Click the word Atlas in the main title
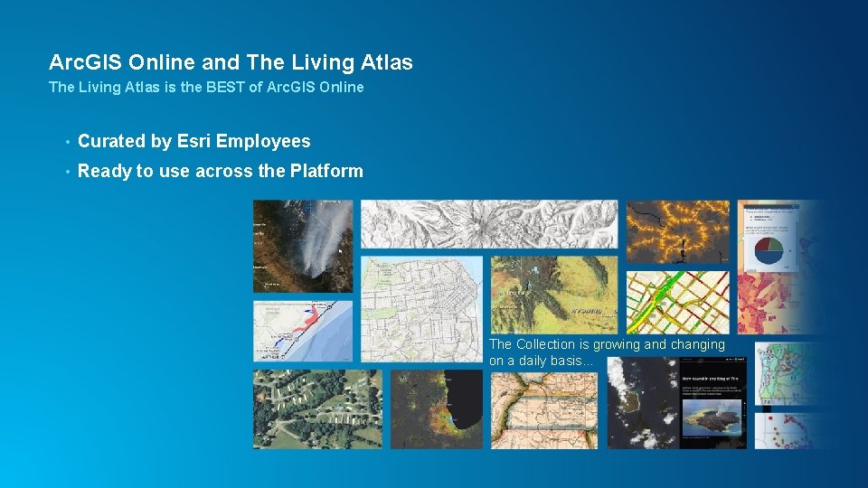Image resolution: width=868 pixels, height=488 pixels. pyautogui.click(x=387, y=62)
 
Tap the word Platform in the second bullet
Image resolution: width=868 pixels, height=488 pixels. pyautogui.click(x=326, y=171)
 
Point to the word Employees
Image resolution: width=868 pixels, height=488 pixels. pyautogui.click(x=263, y=141)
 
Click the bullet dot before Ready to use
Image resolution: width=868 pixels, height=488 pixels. pyautogui.click(x=68, y=172)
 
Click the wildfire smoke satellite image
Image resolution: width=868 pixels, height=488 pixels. pyautogui.click(x=303, y=246)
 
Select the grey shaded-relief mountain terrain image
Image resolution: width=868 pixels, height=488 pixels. pyautogui.click(x=488, y=224)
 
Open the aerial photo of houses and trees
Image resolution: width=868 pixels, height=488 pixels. pyautogui.click(x=316, y=408)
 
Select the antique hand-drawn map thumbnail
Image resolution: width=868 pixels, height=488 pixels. pyautogui.click(x=543, y=410)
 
